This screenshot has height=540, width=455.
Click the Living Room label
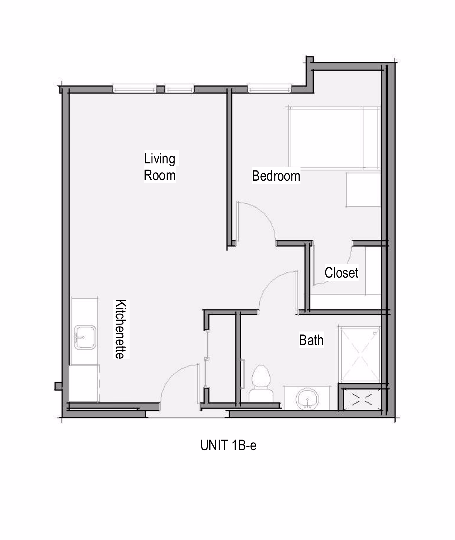(160, 167)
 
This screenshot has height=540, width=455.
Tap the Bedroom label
(276, 176)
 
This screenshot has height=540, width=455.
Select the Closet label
(341, 273)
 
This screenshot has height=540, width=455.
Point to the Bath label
(311, 340)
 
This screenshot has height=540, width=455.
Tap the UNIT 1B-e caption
(228, 445)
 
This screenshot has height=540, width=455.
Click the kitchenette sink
(85, 337)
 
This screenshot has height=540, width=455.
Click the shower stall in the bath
(360, 355)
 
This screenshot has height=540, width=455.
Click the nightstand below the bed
(363, 190)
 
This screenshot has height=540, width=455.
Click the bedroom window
(270, 88)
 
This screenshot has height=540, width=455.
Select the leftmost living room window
(135, 88)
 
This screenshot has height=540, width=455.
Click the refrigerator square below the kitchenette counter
(84, 383)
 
